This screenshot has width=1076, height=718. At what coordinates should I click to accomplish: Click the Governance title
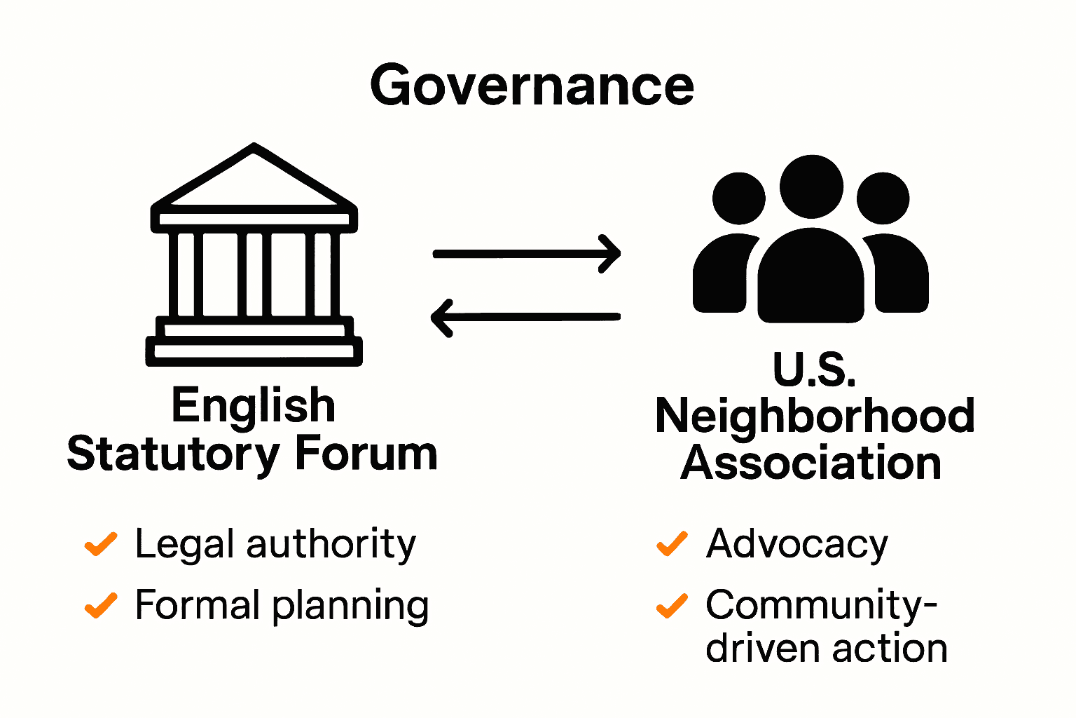pos(532,86)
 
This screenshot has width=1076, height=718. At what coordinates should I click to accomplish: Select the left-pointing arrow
pos(525,317)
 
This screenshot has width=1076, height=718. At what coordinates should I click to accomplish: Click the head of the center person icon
pos(811,187)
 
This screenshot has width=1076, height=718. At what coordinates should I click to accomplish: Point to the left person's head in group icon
pos(738,198)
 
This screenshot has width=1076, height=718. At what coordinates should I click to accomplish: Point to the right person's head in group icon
pos(883,198)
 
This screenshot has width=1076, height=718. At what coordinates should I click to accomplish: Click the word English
pos(254,407)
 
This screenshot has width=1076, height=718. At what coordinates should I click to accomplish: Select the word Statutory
pos(173,454)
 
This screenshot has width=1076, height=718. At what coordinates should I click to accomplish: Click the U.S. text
pos(814,369)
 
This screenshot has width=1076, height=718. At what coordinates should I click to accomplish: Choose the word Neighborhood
pos(814,416)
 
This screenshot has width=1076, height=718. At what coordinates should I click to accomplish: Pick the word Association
pos(811,463)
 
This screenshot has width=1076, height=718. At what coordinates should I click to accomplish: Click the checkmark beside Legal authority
pos(101,544)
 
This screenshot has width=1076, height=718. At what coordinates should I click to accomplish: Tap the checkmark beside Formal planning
pos(101,605)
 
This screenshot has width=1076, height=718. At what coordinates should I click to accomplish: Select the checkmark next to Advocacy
pos(672,543)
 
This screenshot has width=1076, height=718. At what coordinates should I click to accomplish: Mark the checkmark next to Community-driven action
pos(672,605)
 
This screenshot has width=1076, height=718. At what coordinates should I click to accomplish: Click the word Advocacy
pos(797,545)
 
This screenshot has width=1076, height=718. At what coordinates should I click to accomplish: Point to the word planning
pos(350,607)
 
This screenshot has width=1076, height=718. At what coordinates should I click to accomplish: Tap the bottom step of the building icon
pos(254,351)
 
